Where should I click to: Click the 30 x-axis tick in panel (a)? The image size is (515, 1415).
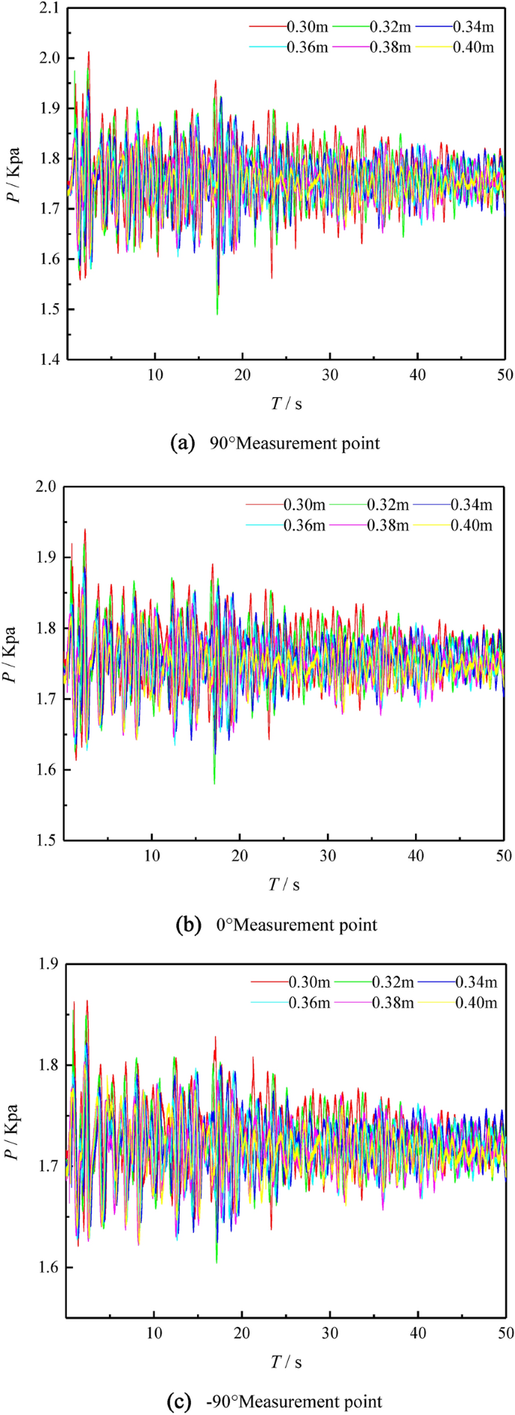click(x=329, y=375)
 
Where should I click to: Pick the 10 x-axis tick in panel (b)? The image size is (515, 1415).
click(x=153, y=856)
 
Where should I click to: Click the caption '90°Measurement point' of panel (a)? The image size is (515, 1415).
click(x=276, y=443)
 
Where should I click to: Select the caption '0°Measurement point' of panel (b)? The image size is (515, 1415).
click(x=276, y=925)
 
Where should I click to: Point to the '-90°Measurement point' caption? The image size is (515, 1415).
click(x=276, y=1401)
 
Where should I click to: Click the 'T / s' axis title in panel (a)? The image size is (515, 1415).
click(x=286, y=404)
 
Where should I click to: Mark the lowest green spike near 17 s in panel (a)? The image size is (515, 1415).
click(x=217, y=313)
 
